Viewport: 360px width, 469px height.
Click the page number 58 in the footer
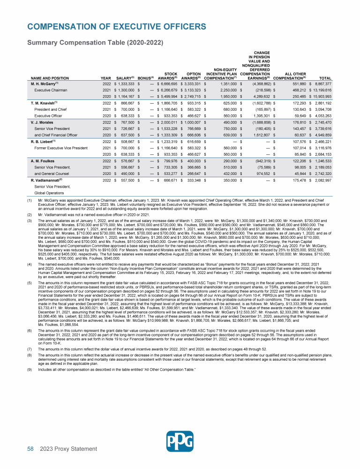tap(30, 449)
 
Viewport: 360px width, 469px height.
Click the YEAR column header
tap(106, 77)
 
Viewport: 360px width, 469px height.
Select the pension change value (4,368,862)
tap(256, 83)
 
